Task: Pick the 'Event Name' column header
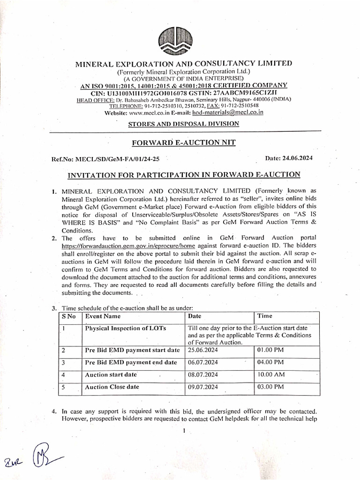(103, 316)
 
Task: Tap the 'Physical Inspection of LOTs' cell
(125, 328)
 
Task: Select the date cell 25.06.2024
(202, 350)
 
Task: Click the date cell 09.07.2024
(202, 387)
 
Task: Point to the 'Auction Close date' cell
(112, 387)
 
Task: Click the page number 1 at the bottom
(185, 431)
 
